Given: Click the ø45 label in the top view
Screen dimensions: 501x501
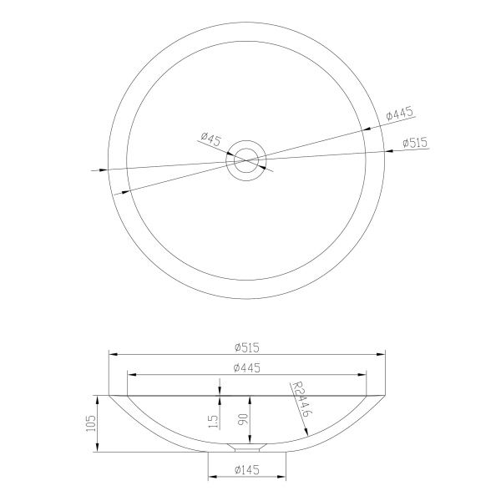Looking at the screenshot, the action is [x=211, y=139].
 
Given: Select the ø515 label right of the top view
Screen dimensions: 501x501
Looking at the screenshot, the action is [x=415, y=143].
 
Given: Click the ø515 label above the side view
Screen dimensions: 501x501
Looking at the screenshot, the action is [x=246, y=347].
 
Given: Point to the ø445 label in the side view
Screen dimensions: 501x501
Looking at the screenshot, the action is [x=246, y=367].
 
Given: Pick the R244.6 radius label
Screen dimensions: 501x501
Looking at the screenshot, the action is [x=301, y=399].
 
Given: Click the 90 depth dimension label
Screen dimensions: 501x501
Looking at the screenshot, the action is [x=243, y=419].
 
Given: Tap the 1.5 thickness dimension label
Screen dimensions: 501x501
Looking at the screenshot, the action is [x=214, y=422].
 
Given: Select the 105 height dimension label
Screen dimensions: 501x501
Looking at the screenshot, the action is [x=90, y=423].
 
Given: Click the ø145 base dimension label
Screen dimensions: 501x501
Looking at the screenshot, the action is [x=246, y=469].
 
